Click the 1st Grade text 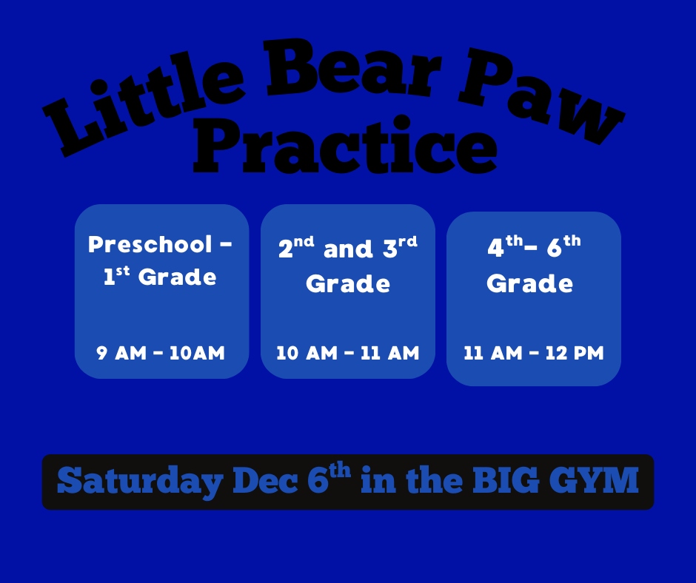point(160,277)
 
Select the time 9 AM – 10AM point(161,353)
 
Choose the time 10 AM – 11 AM point(347,353)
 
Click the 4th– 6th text point(533,247)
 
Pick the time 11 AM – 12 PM point(533,354)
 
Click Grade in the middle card point(347,283)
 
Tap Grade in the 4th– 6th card point(529,283)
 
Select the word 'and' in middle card point(348,249)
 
